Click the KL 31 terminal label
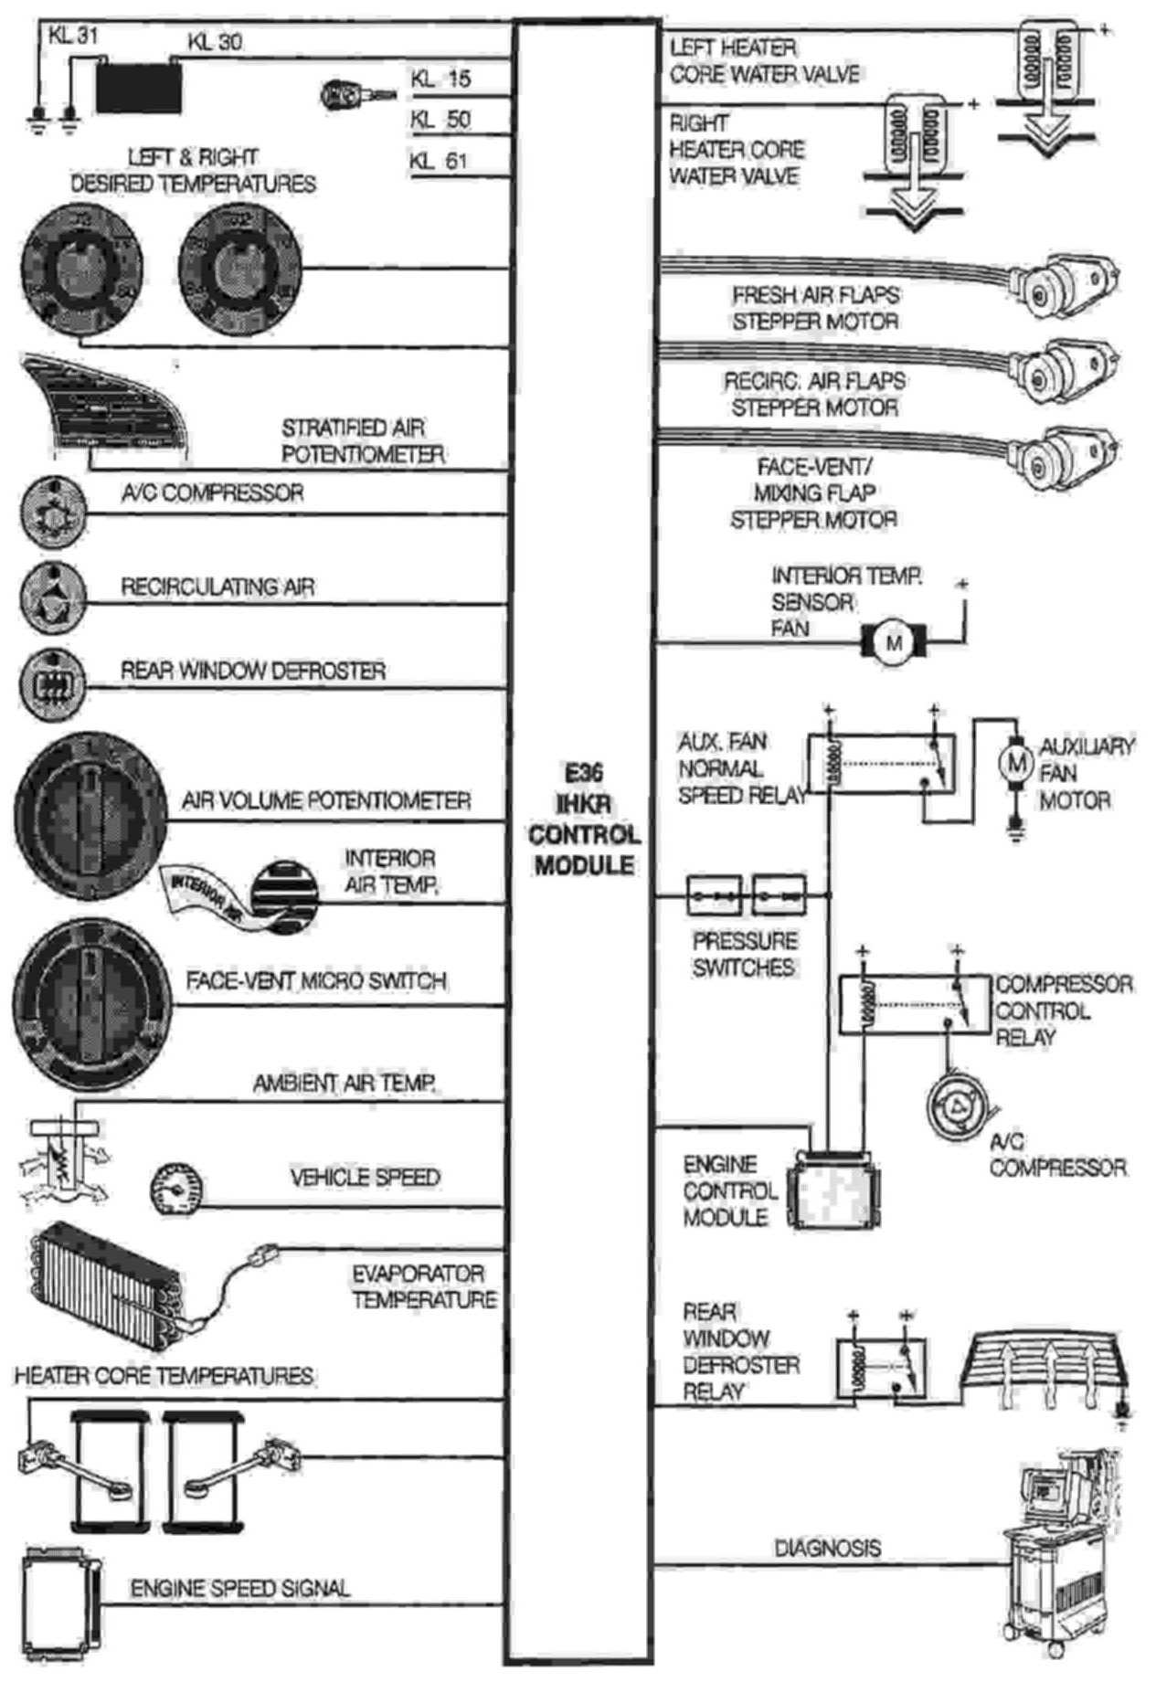point(74,36)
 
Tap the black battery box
point(139,87)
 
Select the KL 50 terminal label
point(440,120)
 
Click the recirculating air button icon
point(53,598)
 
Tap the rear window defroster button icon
point(53,682)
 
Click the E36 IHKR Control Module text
point(584,820)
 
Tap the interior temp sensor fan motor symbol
point(893,642)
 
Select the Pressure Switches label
point(743,954)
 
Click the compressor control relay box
point(915,1005)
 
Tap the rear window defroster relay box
point(881,1368)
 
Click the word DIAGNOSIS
point(827,1548)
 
